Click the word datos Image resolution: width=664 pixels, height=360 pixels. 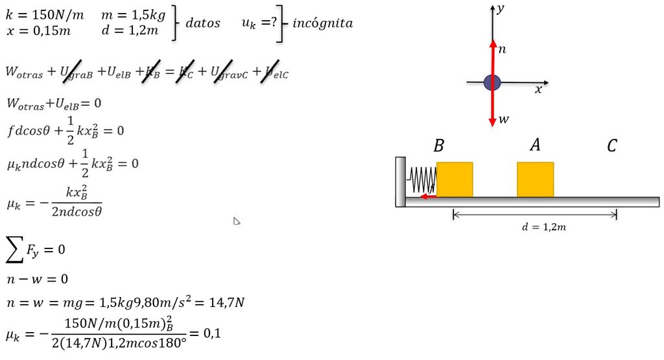203,23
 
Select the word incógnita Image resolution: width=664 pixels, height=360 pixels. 323,23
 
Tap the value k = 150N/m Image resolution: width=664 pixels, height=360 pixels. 45,16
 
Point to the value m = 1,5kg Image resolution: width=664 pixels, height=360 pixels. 134,16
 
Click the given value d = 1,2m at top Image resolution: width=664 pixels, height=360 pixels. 130,30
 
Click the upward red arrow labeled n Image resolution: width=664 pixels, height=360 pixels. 493,61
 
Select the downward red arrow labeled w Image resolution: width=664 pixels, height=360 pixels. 492,104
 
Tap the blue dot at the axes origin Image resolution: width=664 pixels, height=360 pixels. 492,82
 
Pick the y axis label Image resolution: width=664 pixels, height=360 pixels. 501,8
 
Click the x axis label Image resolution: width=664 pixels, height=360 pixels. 538,90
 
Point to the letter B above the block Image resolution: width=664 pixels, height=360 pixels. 439,146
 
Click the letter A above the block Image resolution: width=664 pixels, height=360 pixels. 535,145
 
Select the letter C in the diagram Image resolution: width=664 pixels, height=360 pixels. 612,146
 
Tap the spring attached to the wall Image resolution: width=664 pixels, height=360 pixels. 421,180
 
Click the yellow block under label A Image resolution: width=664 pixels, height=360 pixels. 535,180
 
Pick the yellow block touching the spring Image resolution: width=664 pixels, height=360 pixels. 455,180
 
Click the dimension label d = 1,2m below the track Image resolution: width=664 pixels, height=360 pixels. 544,227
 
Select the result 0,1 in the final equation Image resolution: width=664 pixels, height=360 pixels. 212,333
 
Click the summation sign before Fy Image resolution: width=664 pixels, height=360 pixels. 15,250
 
